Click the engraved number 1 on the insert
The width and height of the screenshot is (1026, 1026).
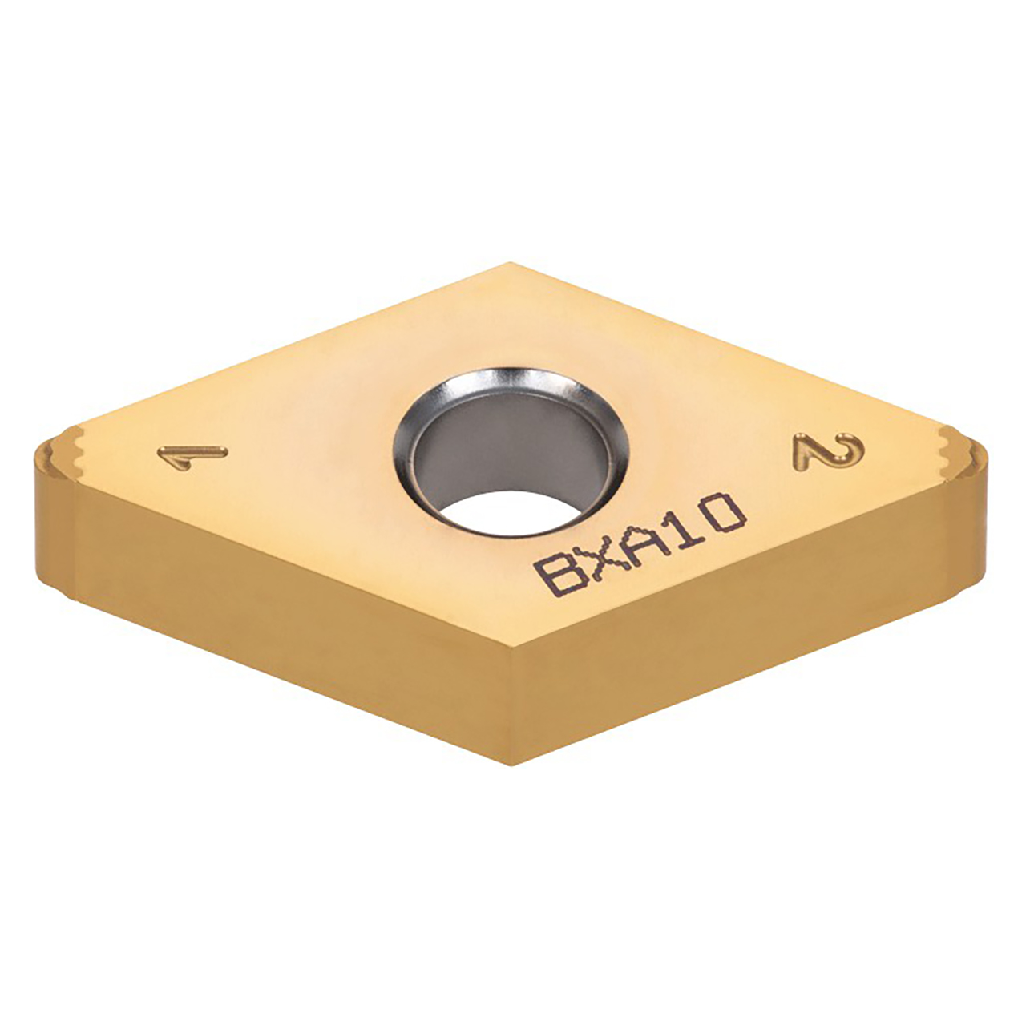pyautogui.click(x=192, y=458)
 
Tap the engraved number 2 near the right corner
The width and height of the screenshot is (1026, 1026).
pyautogui.click(x=828, y=451)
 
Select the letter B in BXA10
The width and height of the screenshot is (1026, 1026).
pyautogui.click(x=557, y=575)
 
